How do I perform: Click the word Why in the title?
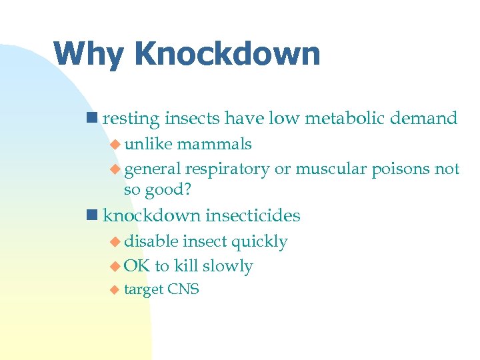click(x=85, y=54)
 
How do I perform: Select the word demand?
click(x=425, y=119)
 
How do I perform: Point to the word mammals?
click(x=214, y=144)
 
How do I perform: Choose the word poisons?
click(x=399, y=169)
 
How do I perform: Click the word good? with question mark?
click(x=169, y=190)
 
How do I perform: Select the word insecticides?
click(x=253, y=215)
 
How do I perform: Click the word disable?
click(x=151, y=241)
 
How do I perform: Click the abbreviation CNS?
click(x=183, y=289)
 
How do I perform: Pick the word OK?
click(x=137, y=267)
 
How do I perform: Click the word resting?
click(x=131, y=119)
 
